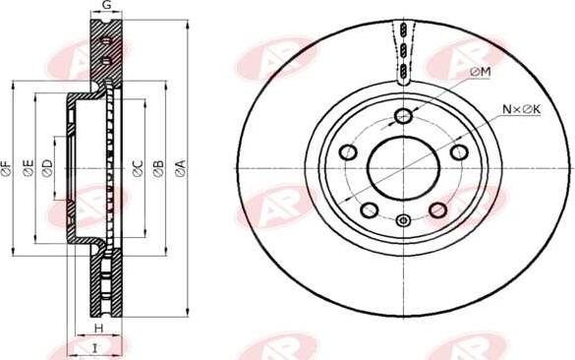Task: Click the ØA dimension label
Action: click(x=181, y=168)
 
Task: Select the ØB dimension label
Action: click(x=159, y=168)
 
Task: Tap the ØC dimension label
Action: click(x=138, y=168)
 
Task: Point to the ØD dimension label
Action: click(x=47, y=168)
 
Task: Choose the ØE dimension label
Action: click(x=29, y=168)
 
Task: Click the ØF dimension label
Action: click(x=7, y=168)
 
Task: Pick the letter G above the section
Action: click(x=106, y=5)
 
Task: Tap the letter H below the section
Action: click(x=98, y=328)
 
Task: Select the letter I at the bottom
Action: click(x=95, y=347)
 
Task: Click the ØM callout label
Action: click(x=480, y=72)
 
